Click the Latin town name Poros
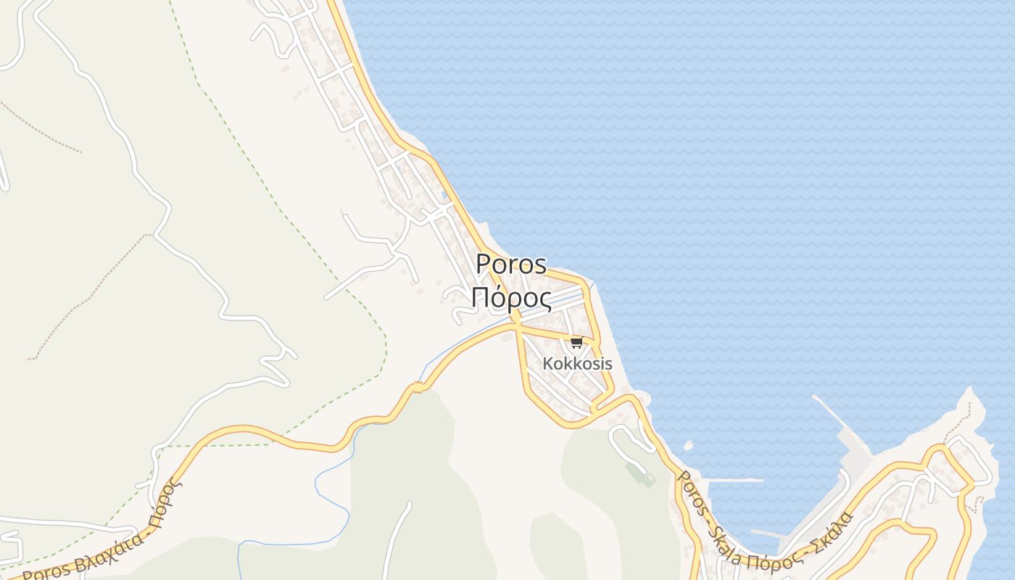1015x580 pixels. click(x=511, y=264)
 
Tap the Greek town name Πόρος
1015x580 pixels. click(x=510, y=297)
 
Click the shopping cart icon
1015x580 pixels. click(x=576, y=342)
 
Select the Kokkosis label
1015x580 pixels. click(x=578, y=364)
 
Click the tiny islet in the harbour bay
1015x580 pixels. click(x=688, y=445)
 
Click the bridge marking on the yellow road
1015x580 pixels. click(x=418, y=389)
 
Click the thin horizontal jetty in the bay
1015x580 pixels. click(x=734, y=480)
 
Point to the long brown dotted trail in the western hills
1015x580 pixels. click(x=87, y=290)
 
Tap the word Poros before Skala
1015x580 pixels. click(x=689, y=489)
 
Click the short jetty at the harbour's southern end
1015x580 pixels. click(x=768, y=535)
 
